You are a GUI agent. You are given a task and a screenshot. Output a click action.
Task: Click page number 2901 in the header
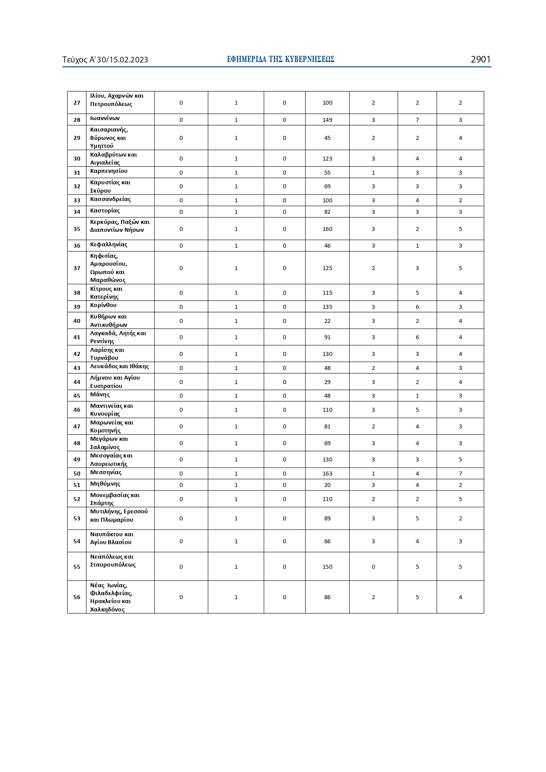(480, 59)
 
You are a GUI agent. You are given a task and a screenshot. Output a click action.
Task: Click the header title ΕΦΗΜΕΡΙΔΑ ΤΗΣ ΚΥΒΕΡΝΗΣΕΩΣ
(281, 59)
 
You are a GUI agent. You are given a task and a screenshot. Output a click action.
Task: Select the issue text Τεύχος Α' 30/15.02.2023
(105, 60)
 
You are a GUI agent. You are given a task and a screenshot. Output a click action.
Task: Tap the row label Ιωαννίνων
(105, 118)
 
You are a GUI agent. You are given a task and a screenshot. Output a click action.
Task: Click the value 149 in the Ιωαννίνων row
(327, 120)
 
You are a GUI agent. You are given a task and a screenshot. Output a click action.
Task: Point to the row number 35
(77, 229)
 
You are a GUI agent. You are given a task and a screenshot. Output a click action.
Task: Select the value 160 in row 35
(327, 229)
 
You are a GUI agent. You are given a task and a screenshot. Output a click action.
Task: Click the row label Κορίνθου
(103, 305)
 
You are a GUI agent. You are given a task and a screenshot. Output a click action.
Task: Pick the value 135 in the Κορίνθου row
(327, 307)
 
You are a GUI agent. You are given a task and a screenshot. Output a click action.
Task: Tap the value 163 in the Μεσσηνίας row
(327, 474)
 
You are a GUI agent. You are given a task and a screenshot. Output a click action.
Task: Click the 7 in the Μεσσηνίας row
(460, 474)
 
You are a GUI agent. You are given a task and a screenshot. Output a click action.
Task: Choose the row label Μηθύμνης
(105, 484)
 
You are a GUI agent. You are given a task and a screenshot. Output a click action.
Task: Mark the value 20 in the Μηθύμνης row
(327, 485)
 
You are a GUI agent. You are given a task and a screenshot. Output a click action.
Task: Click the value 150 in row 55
(327, 567)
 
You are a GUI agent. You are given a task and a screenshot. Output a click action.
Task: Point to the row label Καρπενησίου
(109, 171)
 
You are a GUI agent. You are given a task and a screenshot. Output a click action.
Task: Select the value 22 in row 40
(327, 321)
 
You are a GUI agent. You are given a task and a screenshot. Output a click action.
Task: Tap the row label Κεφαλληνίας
(109, 245)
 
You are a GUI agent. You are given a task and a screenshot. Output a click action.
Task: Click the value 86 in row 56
(327, 597)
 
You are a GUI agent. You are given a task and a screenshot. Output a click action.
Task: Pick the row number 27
(77, 103)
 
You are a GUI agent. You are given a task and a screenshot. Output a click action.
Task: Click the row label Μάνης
(100, 395)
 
